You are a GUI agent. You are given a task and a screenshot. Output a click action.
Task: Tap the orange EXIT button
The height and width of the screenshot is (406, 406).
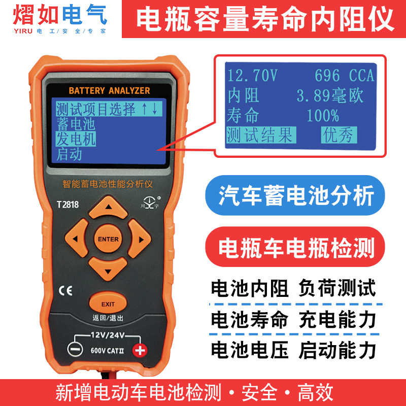pos(108,303)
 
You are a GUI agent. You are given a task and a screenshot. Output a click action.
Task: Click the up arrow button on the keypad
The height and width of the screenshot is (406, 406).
pos(108,207)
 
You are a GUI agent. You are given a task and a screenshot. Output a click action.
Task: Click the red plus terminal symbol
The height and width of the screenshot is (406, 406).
pos(140,350)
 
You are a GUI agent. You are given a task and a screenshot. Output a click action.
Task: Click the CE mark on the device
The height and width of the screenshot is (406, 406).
pos(65,291)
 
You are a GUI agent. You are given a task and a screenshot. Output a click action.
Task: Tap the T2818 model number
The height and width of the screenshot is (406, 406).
pos(67,205)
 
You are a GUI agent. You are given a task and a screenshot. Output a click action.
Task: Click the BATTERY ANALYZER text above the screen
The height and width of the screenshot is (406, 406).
pos(109,91)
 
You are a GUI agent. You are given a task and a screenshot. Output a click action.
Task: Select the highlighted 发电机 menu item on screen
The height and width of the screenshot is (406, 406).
pos(76,139)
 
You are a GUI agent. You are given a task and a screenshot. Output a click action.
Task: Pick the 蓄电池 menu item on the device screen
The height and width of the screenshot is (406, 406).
pos(76,124)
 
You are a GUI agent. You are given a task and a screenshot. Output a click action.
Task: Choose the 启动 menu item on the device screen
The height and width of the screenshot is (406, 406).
pos(69,154)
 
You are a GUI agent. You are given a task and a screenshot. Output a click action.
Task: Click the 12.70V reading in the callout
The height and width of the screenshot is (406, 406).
pos(252,76)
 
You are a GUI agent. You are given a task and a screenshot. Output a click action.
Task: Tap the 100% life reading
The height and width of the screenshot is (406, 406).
pos(323,116)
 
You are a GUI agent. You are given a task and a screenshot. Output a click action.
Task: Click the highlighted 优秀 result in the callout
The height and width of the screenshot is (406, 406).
pos(339,135)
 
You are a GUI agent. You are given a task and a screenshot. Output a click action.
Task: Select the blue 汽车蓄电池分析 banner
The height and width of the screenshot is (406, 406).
pos(295,195)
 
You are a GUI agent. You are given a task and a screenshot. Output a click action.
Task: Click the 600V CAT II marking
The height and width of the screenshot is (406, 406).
pos(107,351)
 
